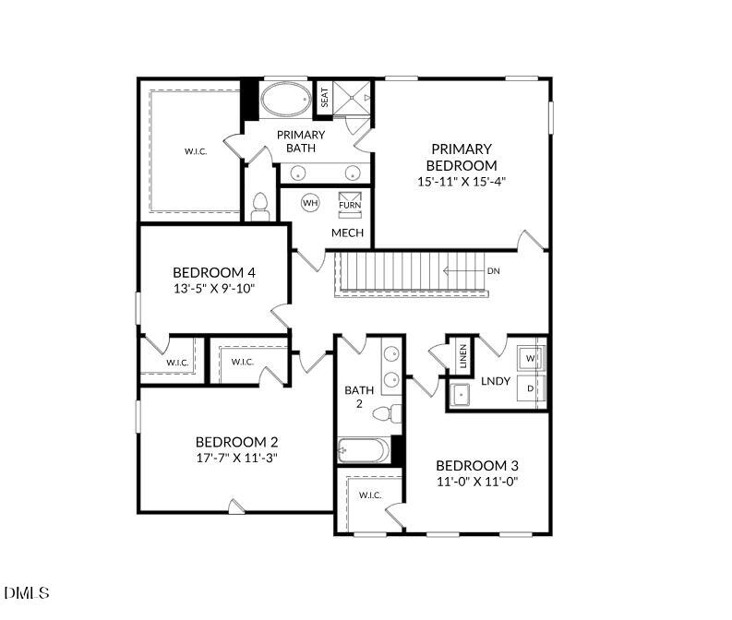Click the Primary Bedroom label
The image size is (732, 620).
coord(461,157)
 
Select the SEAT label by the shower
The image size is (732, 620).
coord(324,98)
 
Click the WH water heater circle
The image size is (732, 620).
coord(310,203)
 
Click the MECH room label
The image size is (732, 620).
coord(347,232)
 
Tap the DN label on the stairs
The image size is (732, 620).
coord(494,271)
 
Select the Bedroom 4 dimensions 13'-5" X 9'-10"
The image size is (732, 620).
coord(213,288)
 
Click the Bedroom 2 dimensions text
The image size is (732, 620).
coord(236,457)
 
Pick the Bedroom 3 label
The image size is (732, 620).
coord(471,465)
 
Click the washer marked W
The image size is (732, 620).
coord(531,357)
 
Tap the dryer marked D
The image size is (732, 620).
coord(531,388)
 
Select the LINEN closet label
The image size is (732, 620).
coord(462,356)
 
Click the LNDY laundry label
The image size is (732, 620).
coord(495,381)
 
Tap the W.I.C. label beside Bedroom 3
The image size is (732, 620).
coord(369,495)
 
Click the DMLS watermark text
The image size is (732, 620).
coord(27,592)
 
